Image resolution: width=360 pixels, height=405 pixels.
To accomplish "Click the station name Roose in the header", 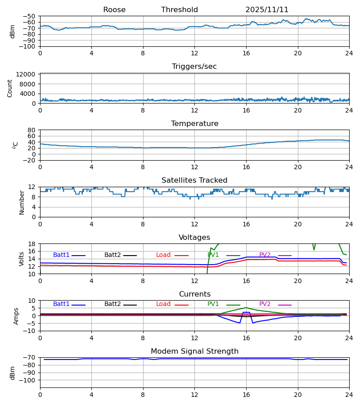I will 114,10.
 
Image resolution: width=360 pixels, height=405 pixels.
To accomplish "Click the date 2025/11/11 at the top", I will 267,10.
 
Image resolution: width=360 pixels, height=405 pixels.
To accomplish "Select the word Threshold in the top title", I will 180,10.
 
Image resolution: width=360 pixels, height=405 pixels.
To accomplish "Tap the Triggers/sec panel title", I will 194,67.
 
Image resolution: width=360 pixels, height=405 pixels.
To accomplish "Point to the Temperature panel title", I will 194,124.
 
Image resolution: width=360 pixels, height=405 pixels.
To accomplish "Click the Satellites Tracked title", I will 194,180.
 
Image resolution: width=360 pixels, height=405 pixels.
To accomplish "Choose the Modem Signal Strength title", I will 194,351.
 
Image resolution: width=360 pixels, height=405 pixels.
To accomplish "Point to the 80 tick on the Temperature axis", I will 32,130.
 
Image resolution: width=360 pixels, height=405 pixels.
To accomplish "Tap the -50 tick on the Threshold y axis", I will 30,16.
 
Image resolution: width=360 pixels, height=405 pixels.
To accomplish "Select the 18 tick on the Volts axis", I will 32,244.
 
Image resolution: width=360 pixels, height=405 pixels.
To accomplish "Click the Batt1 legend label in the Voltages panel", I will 61,255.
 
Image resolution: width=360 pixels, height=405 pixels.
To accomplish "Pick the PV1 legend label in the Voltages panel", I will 213,255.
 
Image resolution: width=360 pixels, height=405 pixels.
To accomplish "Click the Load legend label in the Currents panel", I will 163,304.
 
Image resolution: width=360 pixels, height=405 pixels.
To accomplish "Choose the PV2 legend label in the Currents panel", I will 265,304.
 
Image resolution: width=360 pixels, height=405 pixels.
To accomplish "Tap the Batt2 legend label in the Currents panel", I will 112,304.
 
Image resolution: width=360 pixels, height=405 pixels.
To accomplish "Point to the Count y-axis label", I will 10,88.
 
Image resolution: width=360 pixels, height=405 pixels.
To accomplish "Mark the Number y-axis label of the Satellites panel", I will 22,202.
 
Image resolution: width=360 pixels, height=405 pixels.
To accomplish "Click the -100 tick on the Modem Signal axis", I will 28,380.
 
